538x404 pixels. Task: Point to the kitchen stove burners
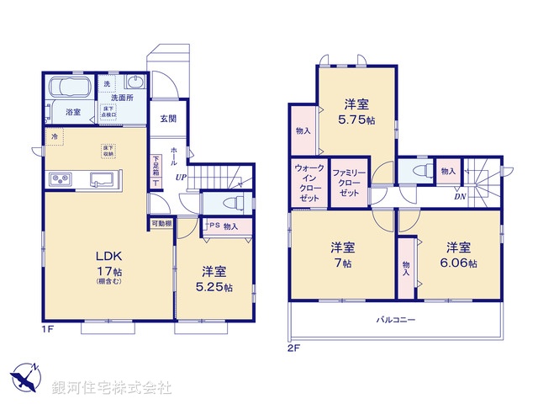pyautogui.click(x=61, y=179)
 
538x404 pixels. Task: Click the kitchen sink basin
pyautogui.click(x=105, y=179)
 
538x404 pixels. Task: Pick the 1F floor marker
pyautogui.click(x=48, y=328)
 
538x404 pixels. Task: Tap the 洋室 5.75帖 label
pyautogui.click(x=357, y=112)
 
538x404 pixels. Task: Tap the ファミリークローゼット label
pyautogui.click(x=348, y=182)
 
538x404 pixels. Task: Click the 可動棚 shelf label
pyautogui.click(x=162, y=224)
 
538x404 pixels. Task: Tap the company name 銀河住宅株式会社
pyautogui.click(x=113, y=388)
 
